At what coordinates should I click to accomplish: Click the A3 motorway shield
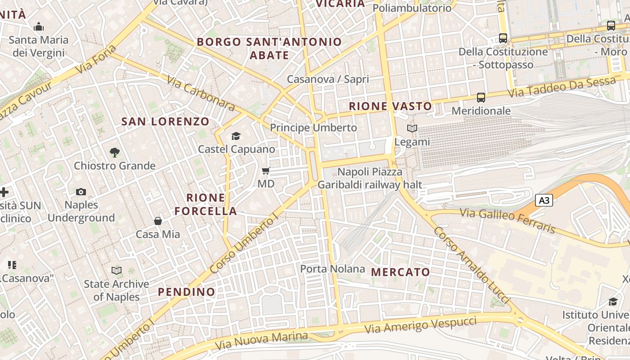[544, 200]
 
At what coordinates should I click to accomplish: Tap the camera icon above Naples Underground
[81, 192]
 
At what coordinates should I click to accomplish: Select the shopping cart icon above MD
[266, 171]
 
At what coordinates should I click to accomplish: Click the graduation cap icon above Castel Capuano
[236, 136]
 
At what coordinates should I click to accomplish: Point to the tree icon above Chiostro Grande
[115, 153]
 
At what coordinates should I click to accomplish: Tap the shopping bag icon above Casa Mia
[158, 221]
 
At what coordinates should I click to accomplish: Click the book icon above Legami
[412, 128]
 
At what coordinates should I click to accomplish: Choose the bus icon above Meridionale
[481, 98]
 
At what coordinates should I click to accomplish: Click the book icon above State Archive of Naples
[117, 270]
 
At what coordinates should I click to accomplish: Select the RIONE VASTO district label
[391, 107]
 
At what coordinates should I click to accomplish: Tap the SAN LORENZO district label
[166, 121]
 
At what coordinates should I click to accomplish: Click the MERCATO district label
[400, 272]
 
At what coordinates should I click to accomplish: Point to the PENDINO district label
[187, 292]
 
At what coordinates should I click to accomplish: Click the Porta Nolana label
[333, 269]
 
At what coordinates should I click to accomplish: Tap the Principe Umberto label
[313, 128]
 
